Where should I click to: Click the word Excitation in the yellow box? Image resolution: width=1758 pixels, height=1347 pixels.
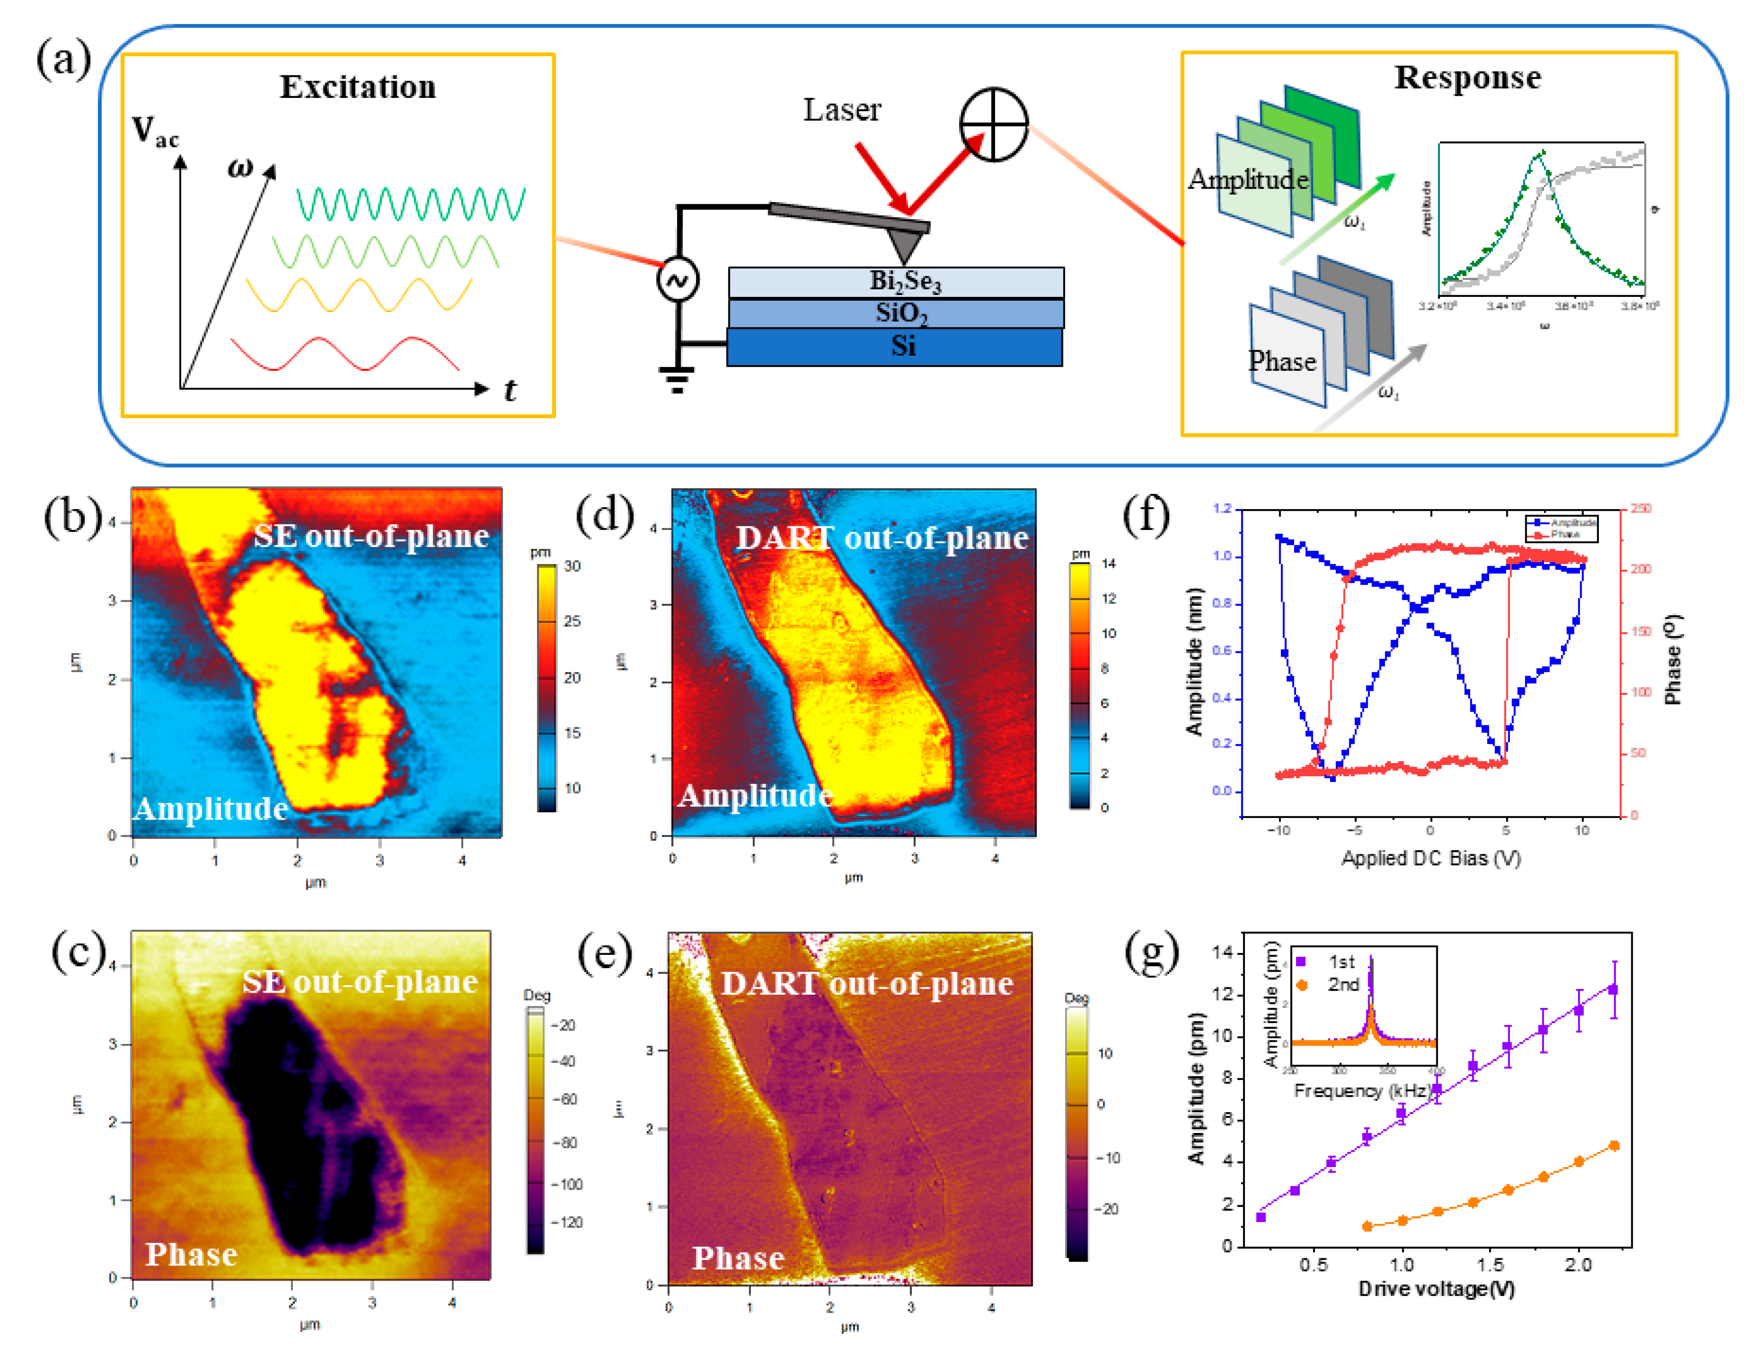pos(358,86)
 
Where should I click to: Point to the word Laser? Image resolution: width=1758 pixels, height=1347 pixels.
pos(842,110)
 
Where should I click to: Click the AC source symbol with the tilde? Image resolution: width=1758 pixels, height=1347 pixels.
pos(677,280)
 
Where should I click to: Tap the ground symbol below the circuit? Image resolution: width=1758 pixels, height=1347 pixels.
pos(677,378)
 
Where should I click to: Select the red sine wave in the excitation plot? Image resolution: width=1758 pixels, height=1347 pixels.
pos(345,353)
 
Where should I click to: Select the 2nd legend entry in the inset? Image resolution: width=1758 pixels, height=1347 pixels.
pos(1343,985)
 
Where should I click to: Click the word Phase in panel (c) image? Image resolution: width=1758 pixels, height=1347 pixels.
pos(191,1254)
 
